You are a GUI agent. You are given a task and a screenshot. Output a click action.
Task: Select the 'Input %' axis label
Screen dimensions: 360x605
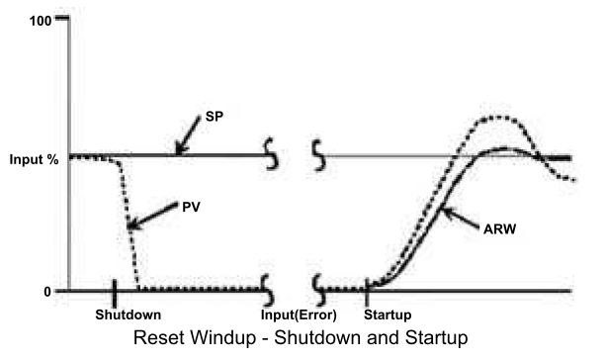(34, 158)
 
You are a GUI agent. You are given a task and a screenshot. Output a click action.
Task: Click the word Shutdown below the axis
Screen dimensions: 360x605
(128, 315)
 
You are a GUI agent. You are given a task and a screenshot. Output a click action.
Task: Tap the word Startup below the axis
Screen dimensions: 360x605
(388, 315)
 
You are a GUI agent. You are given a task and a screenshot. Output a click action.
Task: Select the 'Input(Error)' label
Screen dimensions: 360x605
(300, 315)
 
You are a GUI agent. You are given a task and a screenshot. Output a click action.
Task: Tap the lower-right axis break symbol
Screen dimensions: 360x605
(318, 290)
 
